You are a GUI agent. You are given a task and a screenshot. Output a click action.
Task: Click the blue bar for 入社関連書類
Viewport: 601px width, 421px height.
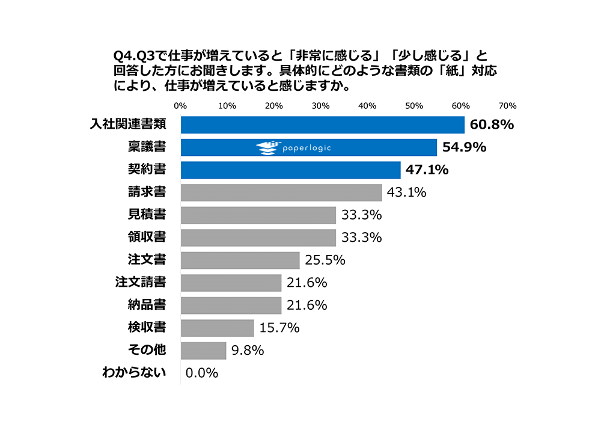pos(323,125)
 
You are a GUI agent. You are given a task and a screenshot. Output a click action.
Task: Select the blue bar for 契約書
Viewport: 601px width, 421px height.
pos(291,170)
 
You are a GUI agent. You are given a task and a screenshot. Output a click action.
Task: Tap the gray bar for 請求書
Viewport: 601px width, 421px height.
pos(281,192)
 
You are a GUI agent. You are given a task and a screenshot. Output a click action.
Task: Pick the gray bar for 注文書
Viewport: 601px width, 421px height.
pos(240,260)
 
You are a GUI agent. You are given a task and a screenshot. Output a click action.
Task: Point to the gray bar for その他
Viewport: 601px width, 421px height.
pos(204,350)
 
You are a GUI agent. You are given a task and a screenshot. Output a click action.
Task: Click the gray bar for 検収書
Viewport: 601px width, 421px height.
pos(217,328)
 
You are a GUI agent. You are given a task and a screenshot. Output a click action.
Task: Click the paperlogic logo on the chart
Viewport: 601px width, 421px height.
pos(294,147)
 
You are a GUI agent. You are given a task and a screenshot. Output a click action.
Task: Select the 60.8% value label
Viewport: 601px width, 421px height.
pos(492,125)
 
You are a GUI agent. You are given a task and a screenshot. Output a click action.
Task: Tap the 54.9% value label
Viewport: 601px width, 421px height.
pos(464,147)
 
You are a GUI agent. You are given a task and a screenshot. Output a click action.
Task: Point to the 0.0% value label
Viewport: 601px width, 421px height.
pos(201,373)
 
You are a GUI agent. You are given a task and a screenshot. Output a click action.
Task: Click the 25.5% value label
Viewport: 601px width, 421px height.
pos(325,260)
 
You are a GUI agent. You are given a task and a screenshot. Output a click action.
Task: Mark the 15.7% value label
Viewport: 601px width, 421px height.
pos(279,328)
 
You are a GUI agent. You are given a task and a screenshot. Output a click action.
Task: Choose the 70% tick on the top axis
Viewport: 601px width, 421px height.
pos(508,106)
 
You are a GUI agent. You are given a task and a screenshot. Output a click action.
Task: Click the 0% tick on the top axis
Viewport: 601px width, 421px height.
pos(180,106)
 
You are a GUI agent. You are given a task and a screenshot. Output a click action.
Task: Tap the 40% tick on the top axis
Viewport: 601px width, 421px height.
pos(367,106)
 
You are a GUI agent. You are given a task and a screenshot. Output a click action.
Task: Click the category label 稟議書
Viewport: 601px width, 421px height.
pos(148,147)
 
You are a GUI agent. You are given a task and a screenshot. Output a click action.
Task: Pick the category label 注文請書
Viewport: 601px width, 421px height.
pos(141,282)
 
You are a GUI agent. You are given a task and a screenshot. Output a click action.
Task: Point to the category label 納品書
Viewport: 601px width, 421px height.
pos(148,305)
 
